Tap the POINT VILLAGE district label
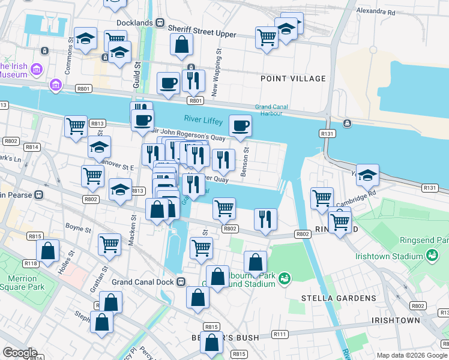pos(293,79)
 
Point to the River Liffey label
pos(203,120)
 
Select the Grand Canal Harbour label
pos(272,110)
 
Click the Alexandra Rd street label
pos(375,11)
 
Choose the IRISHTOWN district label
pos(396,320)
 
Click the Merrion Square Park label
pos(23,283)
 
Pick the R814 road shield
pos(32,147)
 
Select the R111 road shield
pos(280,334)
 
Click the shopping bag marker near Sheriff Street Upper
pos(181,44)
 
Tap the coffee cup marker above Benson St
pos(240,126)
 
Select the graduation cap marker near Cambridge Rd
pos(367,175)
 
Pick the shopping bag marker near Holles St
pos(47,251)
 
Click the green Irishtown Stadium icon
pos(431,256)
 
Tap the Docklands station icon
pos(160,22)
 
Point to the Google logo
pos(19,353)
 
